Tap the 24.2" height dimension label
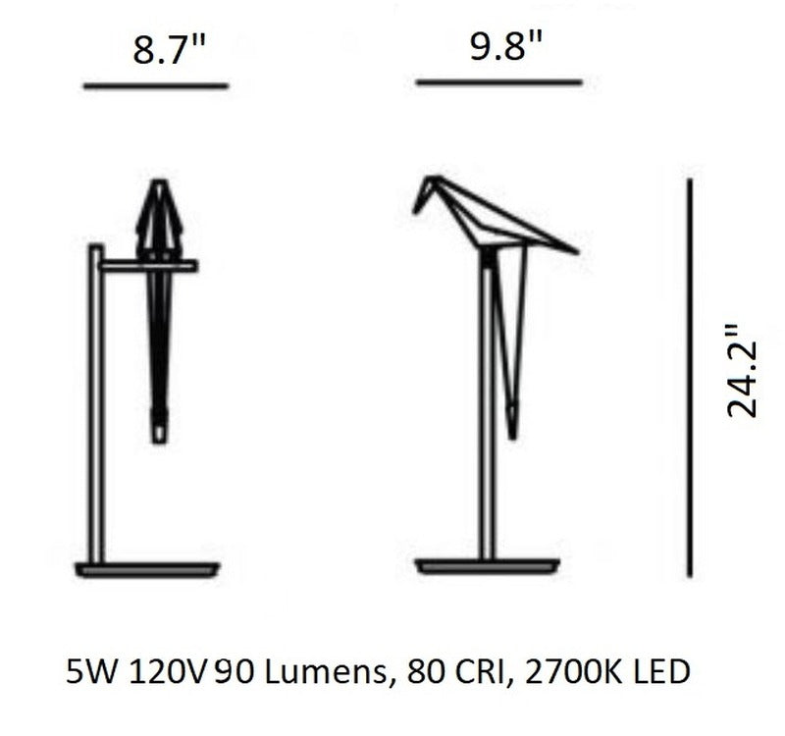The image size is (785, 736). coord(742,370)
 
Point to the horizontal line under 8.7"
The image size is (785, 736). coord(156,86)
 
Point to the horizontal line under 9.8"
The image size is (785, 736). coord(499,82)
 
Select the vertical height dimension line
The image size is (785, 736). coord(690,378)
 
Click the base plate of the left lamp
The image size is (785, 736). coord(148,570)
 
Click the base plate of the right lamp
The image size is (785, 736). coord(488,566)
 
